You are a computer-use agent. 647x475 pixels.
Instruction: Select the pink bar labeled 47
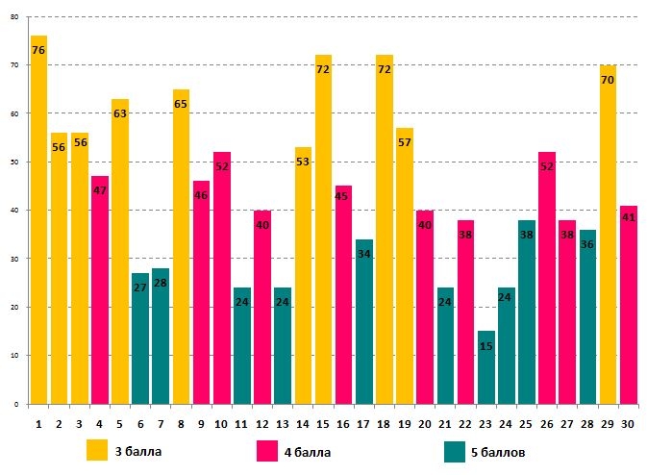tap(100, 288)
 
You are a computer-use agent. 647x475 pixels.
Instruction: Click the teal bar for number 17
tap(364, 322)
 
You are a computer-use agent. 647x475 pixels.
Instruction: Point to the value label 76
tap(38, 50)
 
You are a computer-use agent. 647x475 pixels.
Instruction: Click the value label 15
tap(486, 345)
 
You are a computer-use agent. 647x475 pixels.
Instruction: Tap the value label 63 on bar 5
tap(120, 113)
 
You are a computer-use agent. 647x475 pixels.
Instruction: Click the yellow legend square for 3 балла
tap(97, 451)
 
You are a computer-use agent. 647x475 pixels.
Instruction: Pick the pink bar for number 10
tap(222, 279)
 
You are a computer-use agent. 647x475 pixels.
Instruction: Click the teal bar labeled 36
tap(587, 317)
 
